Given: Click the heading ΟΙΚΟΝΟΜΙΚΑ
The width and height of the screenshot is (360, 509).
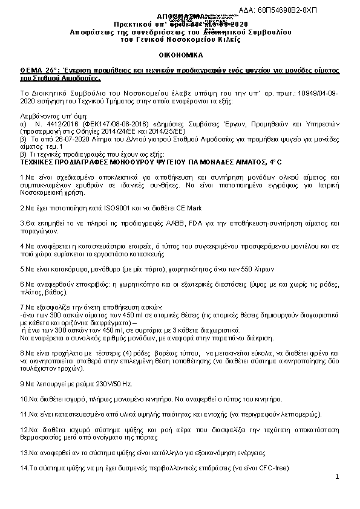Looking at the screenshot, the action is click(180, 54).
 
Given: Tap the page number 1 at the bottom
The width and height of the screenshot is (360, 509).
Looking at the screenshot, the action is click(336, 478).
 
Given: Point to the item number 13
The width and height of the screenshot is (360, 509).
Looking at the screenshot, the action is click(24, 452).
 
